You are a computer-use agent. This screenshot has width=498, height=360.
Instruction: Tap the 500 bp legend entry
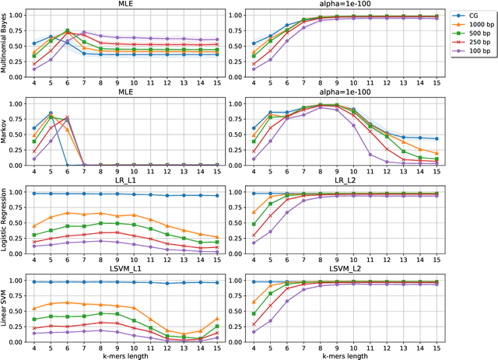pos(474,35)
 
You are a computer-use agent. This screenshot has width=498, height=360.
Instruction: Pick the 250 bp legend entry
pos(474,45)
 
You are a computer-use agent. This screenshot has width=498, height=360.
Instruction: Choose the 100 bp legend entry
pos(474,55)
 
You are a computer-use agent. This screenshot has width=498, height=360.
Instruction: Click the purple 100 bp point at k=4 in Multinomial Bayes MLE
pos(33,69)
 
